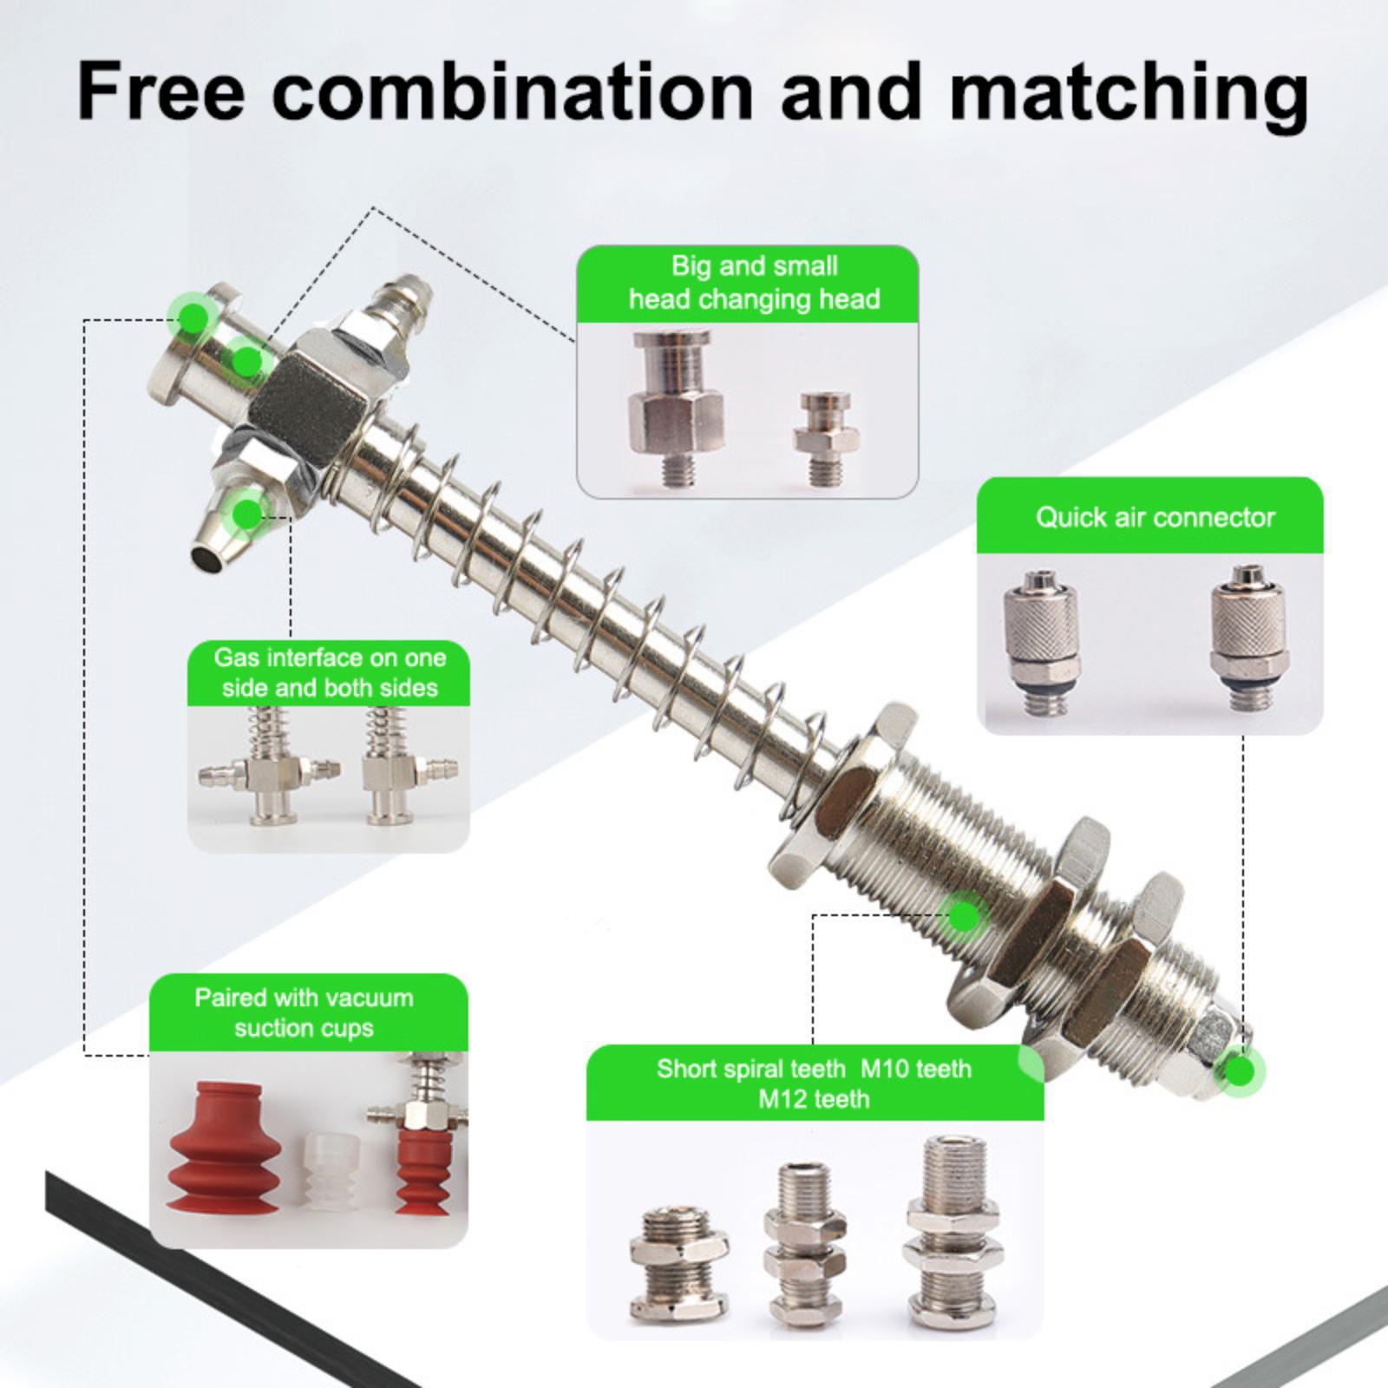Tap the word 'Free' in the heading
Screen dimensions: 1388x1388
click(x=160, y=89)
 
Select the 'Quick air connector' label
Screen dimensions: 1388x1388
click(x=1155, y=517)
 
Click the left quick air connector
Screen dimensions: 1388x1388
click(x=1040, y=642)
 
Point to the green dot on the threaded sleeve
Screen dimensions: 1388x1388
click(x=963, y=915)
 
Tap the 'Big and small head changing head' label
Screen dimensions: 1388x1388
click(x=754, y=283)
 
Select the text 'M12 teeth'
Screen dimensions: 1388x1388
click(x=814, y=1099)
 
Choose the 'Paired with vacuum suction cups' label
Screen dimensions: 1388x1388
click(x=304, y=1012)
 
